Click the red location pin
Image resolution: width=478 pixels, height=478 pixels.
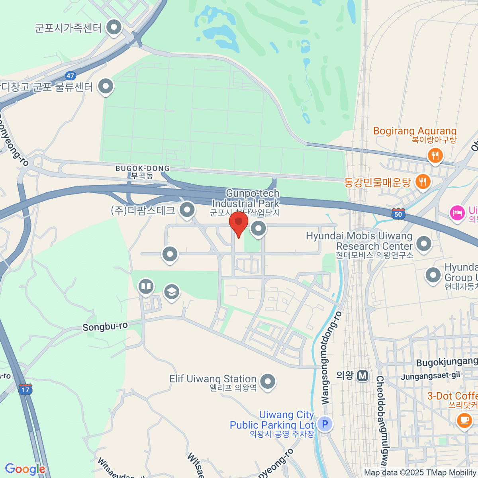(x=239, y=223)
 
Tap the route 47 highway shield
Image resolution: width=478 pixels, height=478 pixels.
(x=71, y=76)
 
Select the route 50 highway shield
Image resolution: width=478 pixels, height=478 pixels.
(x=398, y=214)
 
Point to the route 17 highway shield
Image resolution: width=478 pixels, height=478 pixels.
(x=25, y=389)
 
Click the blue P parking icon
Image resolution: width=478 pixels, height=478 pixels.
(x=325, y=424)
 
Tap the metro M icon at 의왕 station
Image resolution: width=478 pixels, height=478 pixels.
(x=362, y=376)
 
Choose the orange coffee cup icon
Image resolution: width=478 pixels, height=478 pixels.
(x=464, y=420)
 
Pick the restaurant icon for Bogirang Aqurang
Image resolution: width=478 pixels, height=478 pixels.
(x=435, y=155)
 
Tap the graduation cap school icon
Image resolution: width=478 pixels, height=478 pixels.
(x=172, y=292)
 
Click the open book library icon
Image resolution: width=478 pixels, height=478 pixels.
(x=146, y=286)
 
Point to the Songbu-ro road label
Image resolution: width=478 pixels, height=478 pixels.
(x=105, y=327)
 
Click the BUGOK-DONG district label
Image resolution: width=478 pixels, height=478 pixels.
(x=142, y=169)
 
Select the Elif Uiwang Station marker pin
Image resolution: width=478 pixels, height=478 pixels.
(x=268, y=381)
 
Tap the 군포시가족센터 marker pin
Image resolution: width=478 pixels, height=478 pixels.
(x=114, y=27)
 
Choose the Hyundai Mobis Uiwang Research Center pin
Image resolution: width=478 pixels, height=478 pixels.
(x=423, y=243)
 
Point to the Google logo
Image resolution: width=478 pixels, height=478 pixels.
(x=25, y=469)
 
